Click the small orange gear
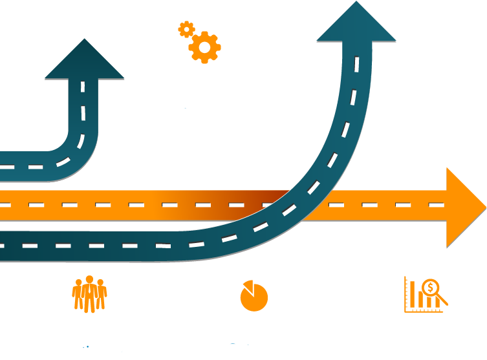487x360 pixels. (186, 29)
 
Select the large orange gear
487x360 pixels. (205, 47)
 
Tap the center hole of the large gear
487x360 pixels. (205, 47)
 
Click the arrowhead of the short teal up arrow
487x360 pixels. (84, 61)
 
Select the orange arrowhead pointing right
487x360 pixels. (465, 207)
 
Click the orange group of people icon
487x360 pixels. (89, 294)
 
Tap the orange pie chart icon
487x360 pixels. (254, 297)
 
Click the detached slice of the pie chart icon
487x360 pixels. (247, 285)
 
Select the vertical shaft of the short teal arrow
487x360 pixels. (83, 107)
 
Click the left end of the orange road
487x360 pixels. (6, 206)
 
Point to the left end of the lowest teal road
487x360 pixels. (6, 246)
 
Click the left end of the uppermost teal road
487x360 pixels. (6, 167)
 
